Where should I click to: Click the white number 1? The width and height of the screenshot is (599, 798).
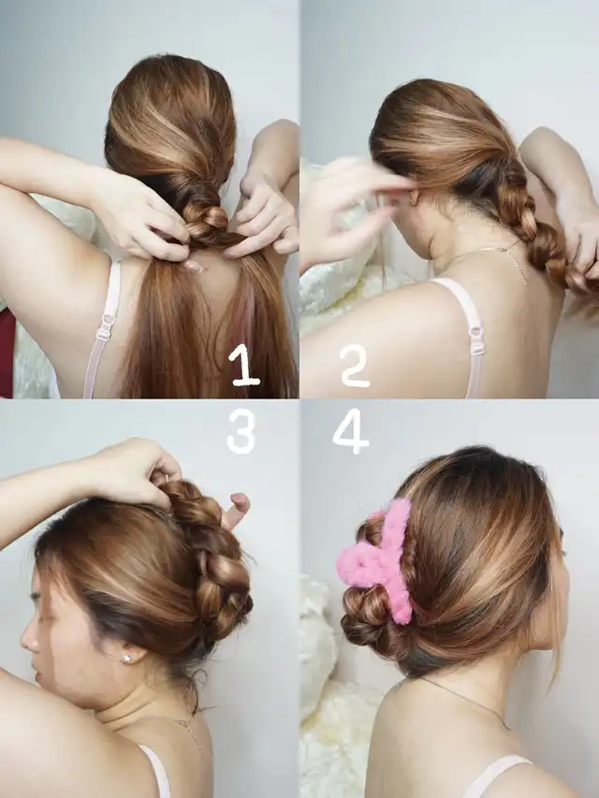[x=244, y=365]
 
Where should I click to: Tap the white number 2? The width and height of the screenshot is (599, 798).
[x=355, y=366]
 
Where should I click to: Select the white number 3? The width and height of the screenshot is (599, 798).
[x=241, y=430]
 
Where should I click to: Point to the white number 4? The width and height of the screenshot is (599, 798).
[x=351, y=431]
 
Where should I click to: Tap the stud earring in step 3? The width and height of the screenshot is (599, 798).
[x=127, y=659]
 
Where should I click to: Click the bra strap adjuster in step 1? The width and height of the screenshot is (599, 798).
[x=105, y=327]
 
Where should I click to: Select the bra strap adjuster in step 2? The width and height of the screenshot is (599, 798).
[x=477, y=340]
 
